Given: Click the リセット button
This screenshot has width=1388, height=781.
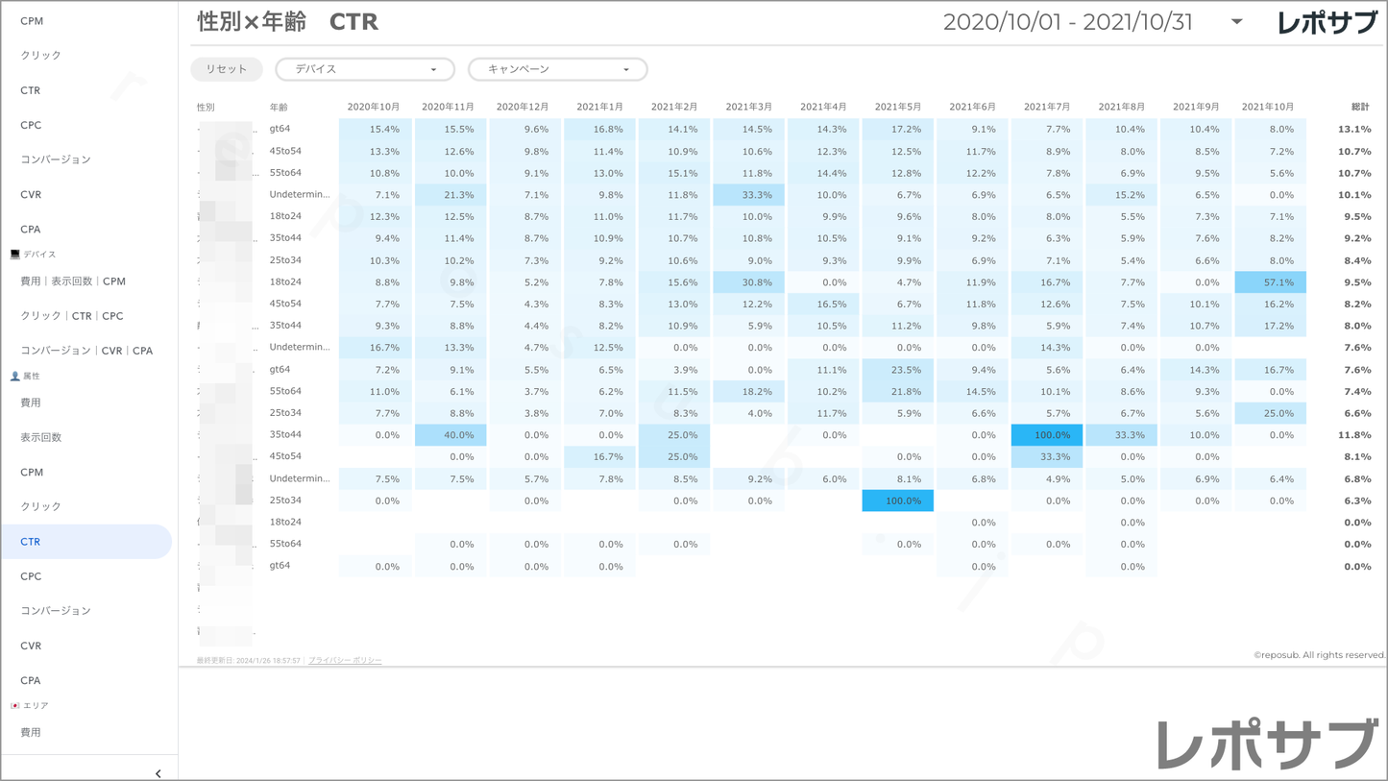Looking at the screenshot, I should pyautogui.click(x=227, y=69).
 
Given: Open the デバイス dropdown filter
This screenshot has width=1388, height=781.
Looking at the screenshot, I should pyautogui.click(x=365, y=69).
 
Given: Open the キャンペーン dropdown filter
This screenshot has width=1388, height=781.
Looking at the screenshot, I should pyautogui.click(x=557, y=69).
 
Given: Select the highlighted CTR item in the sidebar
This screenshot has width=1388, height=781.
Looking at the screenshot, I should pyautogui.click(x=86, y=542).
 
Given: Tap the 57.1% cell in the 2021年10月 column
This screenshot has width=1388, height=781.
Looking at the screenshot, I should pyautogui.click(x=1271, y=282).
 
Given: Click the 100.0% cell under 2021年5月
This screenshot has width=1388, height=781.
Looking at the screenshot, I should pyautogui.click(x=898, y=500).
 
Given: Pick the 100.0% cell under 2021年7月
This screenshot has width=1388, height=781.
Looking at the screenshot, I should pyautogui.click(x=1047, y=435).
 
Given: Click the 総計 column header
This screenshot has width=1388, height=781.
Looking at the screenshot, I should pyautogui.click(x=1359, y=107).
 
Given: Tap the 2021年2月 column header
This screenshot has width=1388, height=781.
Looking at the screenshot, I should pyautogui.click(x=674, y=107).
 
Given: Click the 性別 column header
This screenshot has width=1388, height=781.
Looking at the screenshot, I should pyautogui.click(x=206, y=108).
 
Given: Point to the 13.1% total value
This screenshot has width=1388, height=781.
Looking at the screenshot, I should pyautogui.click(x=1354, y=130).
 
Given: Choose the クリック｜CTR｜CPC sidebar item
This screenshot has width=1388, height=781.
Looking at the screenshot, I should pyautogui.click(x=72, y=316).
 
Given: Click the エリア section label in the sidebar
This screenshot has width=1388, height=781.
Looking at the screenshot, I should pyautogui.click(x=36, y=705).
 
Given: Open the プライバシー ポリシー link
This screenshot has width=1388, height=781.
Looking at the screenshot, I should pyautogui.click(x=345, y=661).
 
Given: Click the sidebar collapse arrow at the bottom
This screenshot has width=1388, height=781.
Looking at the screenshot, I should pyautogui.click(x=158, y=773).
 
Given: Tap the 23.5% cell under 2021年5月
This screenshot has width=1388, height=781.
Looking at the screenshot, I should pyautogui.click(x=898, y=370).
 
